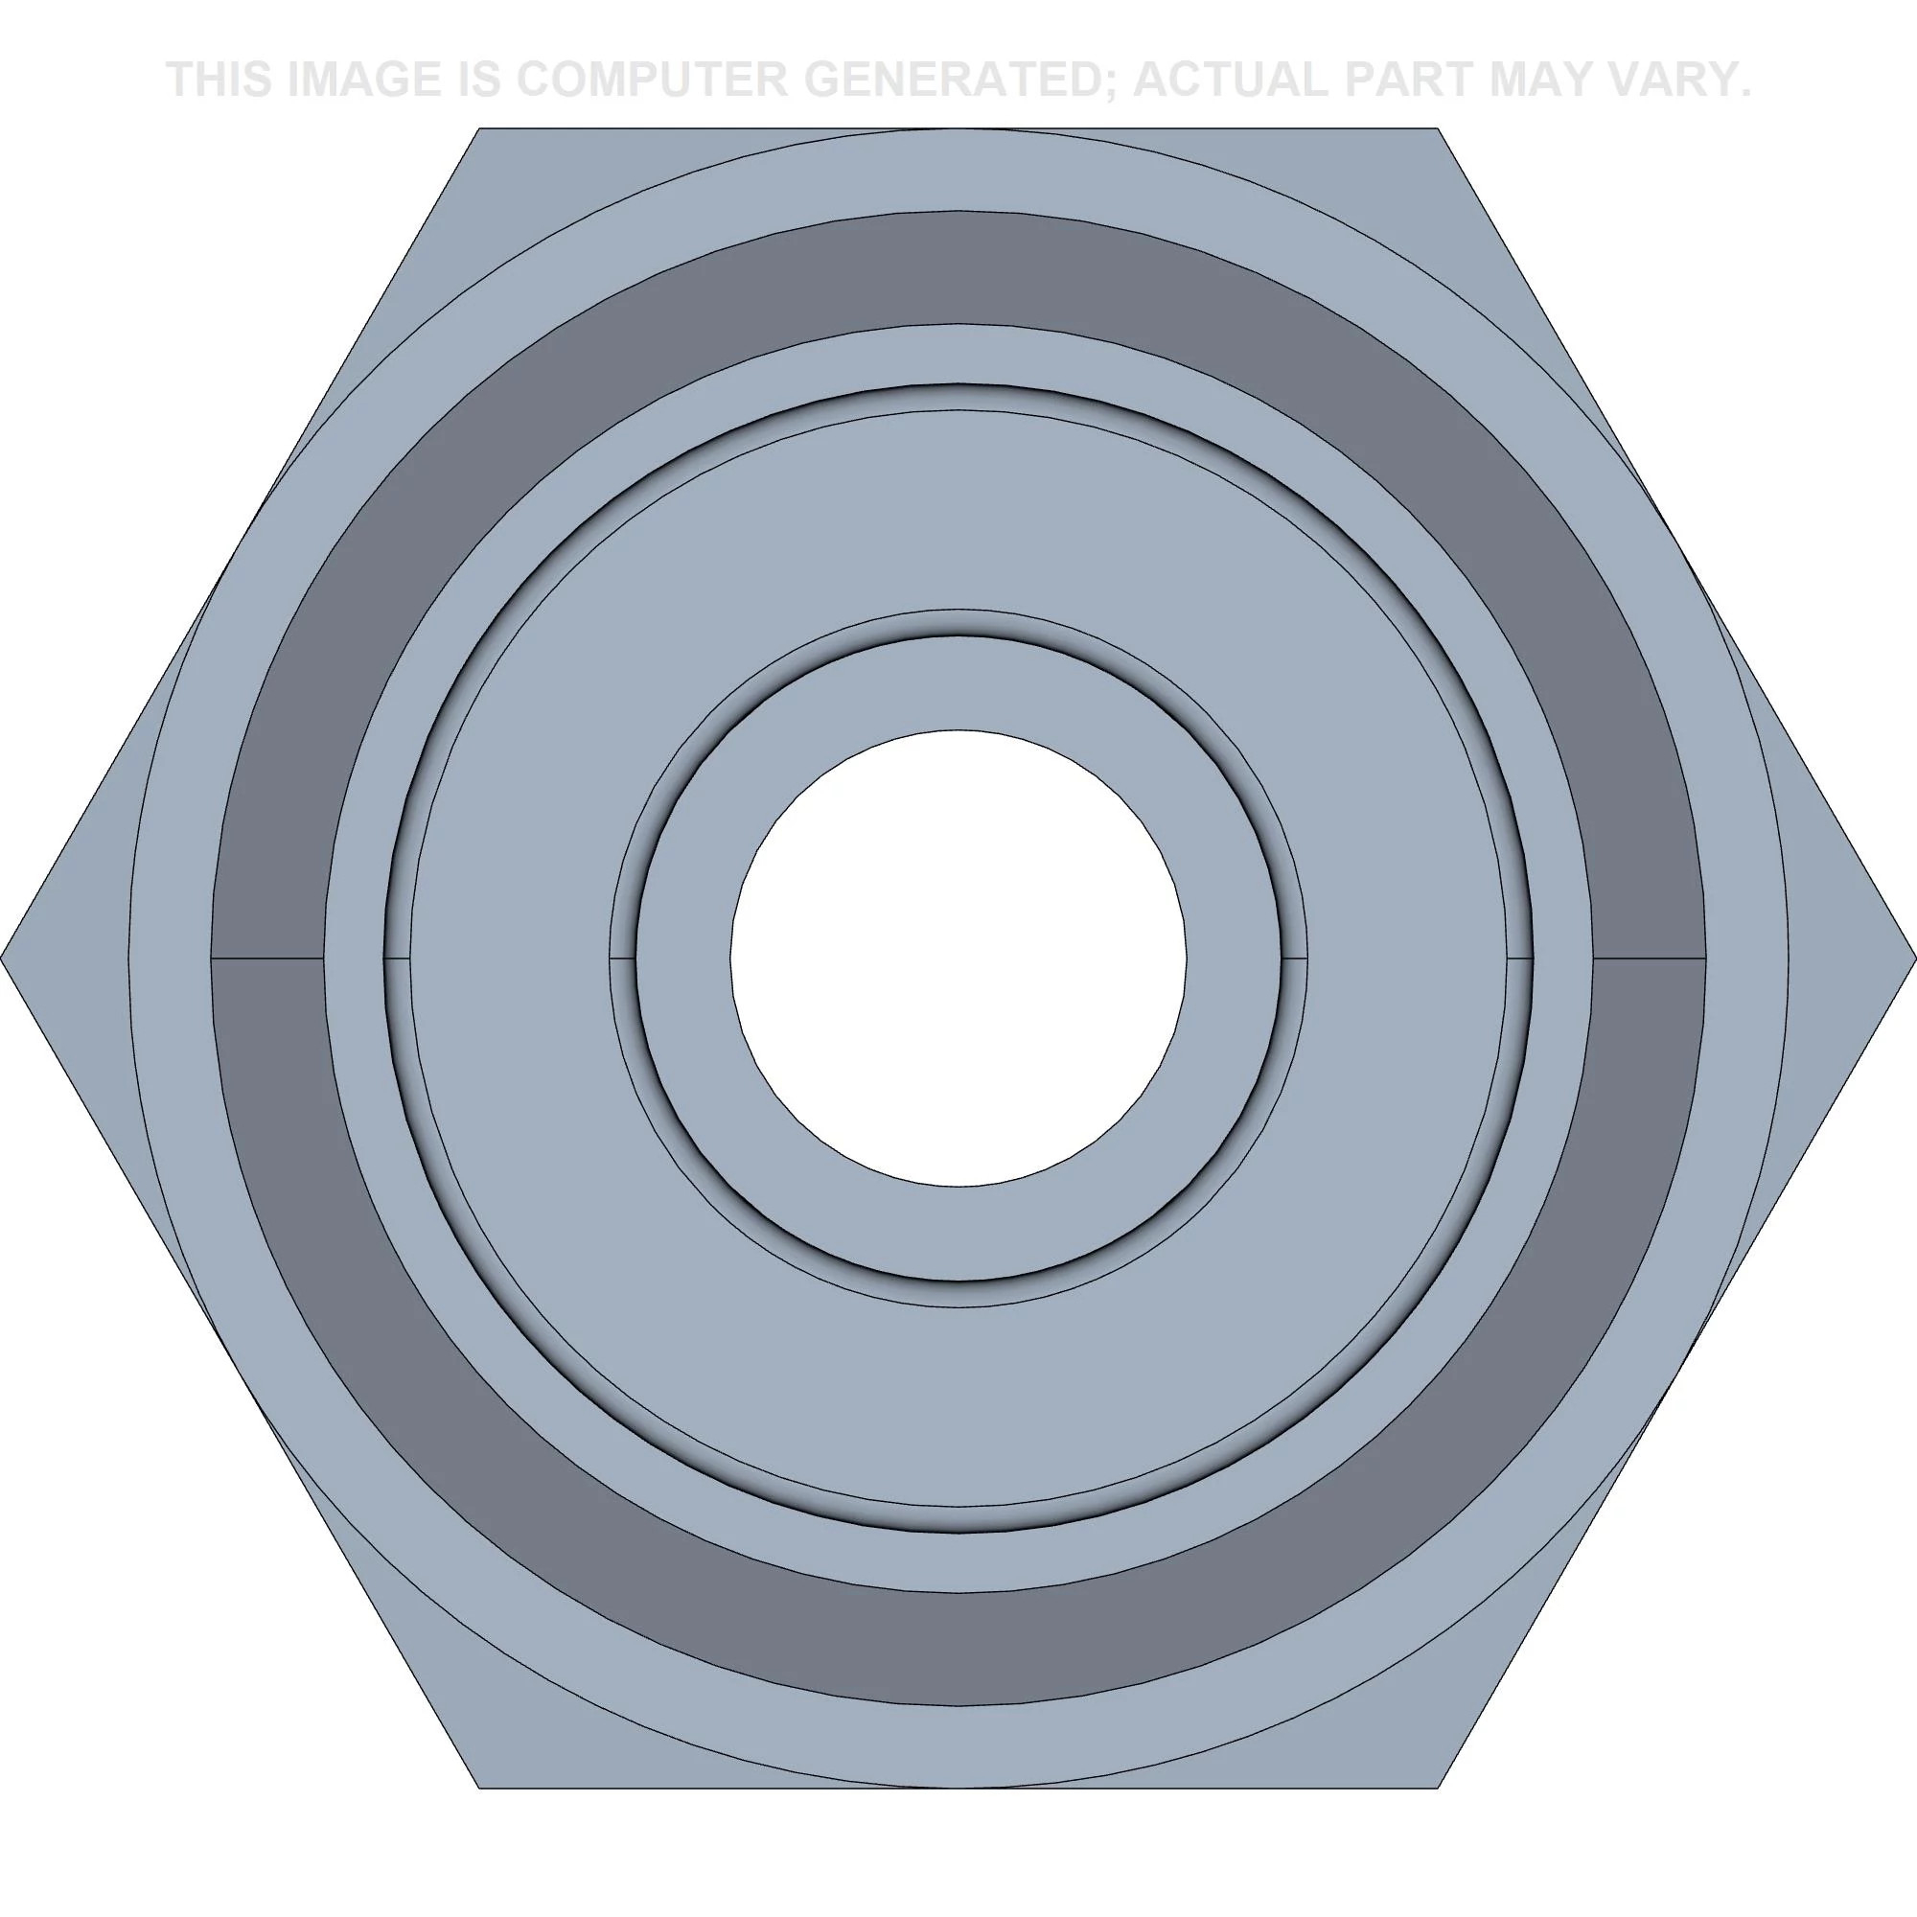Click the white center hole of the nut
[x=958, y=958]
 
